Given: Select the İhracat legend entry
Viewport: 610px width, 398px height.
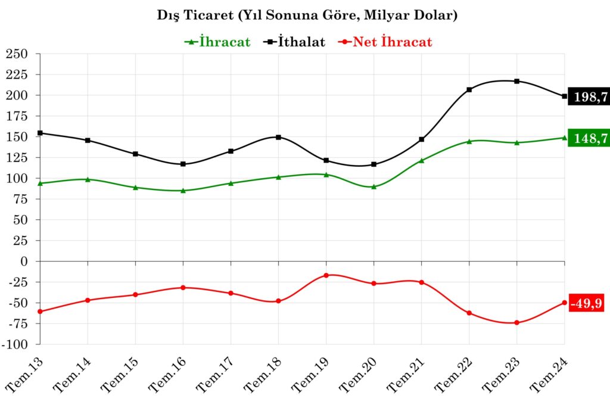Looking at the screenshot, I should point(217,42).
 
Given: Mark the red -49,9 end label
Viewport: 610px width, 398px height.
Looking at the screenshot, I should point(586,304).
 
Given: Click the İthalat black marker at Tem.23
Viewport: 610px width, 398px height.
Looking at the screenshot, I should point(517,81).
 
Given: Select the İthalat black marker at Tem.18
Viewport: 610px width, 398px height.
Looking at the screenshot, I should point(278,137).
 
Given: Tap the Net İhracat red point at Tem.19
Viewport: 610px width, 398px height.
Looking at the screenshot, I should point(326,275).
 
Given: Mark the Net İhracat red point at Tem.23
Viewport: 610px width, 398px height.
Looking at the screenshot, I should point(517,323).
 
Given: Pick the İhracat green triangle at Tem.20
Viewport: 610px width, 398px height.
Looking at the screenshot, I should point(374,186).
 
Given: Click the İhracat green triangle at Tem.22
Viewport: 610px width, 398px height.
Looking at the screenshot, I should point(469,141).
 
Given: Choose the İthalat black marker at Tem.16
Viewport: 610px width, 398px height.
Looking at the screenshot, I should point(183,164).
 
